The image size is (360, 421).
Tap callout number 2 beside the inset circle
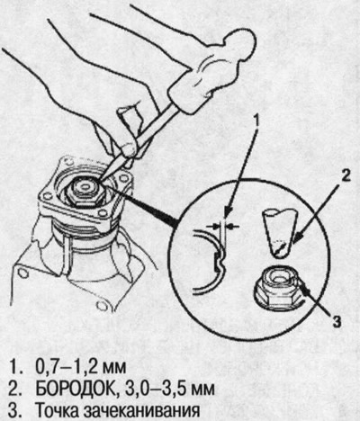coord(345,176)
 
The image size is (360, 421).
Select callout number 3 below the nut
coord(337,322)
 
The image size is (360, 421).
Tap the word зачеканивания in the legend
coord(142,411)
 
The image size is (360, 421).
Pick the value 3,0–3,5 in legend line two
coord(150,390)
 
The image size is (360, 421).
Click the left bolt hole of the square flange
coord(46,196)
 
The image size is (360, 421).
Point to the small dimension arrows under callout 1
coord(224,226)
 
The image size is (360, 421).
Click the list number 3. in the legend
coord(14,411)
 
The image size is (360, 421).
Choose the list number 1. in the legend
coord(14,367)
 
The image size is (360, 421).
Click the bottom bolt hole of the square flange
coord(103,213)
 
